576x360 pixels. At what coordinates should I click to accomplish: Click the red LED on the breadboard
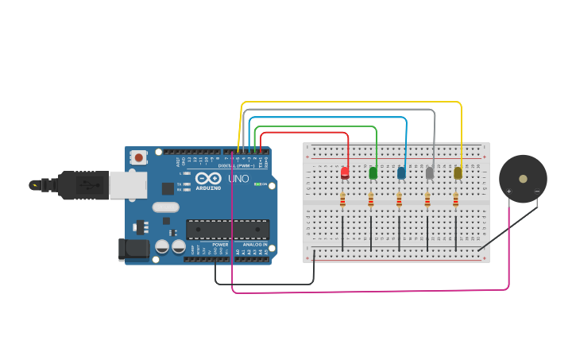coord(345,172)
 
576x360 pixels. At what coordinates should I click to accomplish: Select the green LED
coord(373,172)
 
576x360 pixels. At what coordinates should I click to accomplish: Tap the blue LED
coord(401,172)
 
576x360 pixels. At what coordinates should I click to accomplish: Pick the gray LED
coord(430,172)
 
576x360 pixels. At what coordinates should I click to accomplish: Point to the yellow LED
coord(458,172)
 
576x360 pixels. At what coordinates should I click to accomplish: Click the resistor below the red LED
coord(342,199)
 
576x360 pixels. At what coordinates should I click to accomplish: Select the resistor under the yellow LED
coord(455,199)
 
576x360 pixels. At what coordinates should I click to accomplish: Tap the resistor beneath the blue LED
coord(399,199)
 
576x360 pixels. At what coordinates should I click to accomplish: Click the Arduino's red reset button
coord(140,157)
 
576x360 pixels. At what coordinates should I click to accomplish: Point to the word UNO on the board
coord(239,180)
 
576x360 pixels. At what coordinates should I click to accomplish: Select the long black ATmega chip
coord(227,229)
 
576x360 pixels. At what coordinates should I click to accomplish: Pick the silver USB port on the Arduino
coord(127,185)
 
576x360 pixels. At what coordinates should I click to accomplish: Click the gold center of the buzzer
coord(523,179)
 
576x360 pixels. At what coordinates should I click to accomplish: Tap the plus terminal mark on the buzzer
coord(509,192)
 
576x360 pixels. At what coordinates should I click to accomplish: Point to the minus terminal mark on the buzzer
coord(537,192)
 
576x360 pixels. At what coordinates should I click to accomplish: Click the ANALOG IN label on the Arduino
coord(254,245)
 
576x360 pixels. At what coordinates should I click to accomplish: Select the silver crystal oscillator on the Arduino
coord(166,207)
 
